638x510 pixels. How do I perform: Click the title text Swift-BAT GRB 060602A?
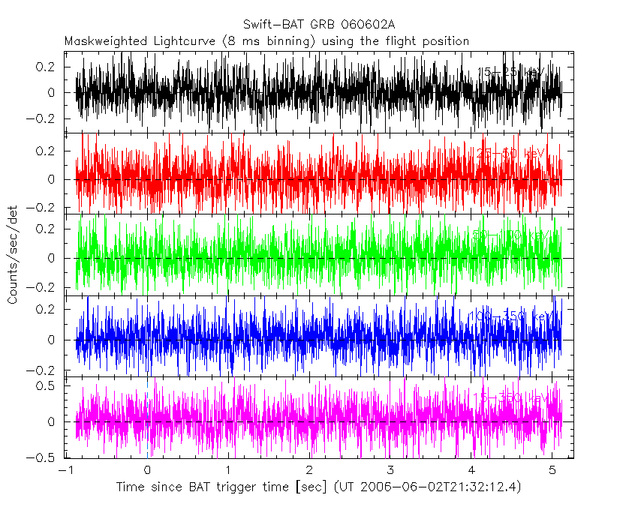pyautogui.click(x=318, y=24)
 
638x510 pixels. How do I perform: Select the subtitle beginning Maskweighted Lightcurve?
pyautogui.click(x=266, y=40)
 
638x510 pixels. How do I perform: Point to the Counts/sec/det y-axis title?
pyautogui.click(x=13, y=256)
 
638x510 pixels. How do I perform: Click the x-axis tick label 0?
pyautogui.click(x=147, y=469)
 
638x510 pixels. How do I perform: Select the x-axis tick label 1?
pyautogui.click(x=228, y=469)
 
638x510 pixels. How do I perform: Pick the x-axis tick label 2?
pyautogui.click(x=309, y=469)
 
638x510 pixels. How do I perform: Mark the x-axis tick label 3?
pyautogui.click(x=390, y=469)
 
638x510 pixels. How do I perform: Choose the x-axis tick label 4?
pyautogui.click(x=471, y=469)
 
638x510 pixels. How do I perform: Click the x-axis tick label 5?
pyautogui.click(x=552, y=469)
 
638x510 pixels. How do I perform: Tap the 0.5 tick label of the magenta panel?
pyautogui.click(x=50, y=385)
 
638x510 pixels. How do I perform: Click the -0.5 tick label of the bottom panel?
pyautogui.click(x=47, y=457)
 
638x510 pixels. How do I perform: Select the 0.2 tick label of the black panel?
pyautogui.click(x=50, y=67)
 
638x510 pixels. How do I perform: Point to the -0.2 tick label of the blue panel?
pyautogui.click(x=47, y=370)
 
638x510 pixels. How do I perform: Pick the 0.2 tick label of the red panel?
pyautogui.click(x=50, y=151)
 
